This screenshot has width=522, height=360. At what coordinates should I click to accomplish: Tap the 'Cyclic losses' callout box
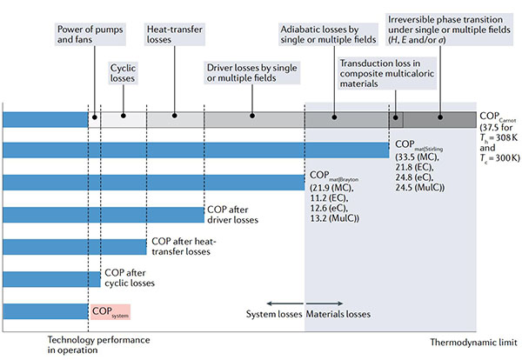point(124,72)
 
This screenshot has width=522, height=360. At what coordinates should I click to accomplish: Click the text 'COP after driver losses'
point(232,215)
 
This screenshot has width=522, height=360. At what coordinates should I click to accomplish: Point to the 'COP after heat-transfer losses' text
point(181,246)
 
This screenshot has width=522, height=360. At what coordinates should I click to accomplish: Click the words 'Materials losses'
point(338,314)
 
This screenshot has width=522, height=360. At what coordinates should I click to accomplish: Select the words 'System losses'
point(272,314)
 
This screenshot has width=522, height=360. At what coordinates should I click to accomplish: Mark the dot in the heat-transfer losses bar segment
point(177,116)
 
